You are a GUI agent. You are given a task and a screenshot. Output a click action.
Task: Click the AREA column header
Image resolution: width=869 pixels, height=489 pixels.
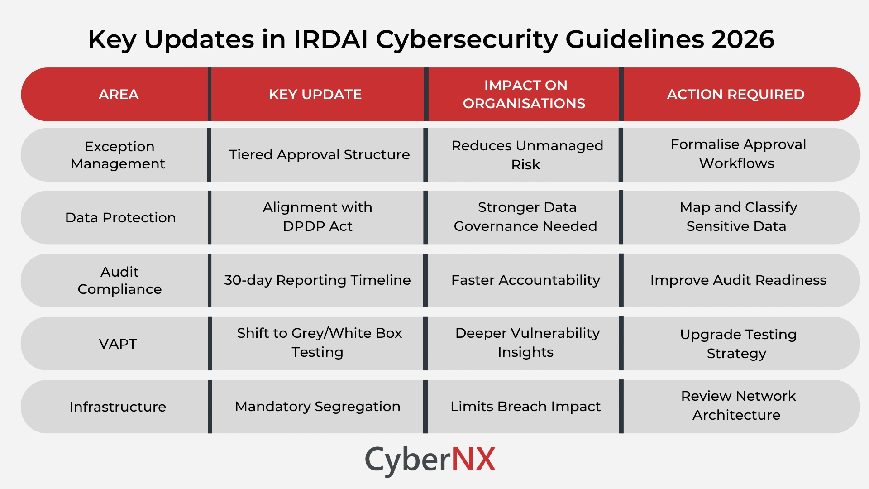[x=119, y=94]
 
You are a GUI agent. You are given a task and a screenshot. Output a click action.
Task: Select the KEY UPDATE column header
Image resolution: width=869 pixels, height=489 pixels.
[x=315, y=94]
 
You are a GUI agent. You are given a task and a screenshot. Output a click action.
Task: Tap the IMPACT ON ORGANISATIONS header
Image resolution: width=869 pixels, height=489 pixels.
[x=524, y=94]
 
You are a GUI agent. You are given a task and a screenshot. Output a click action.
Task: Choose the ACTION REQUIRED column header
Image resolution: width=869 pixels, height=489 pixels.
[x=735, y=94]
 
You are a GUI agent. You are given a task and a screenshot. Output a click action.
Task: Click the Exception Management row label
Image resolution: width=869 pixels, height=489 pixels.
[x=118, y=155]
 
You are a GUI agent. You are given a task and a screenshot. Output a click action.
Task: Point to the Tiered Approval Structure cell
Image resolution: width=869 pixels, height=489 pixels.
[x=319, y=155]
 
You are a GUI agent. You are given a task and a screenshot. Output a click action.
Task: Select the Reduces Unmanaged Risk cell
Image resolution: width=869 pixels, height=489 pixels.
[x=526, y=155]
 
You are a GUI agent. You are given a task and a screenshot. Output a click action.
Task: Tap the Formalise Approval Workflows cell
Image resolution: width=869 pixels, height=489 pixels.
[x=737, y=154]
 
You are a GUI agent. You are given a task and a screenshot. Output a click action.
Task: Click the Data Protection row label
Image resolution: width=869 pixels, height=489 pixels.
[x=120, y=218]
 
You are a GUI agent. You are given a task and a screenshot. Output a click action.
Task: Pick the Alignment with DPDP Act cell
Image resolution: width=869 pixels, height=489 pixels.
[x=317, y=217]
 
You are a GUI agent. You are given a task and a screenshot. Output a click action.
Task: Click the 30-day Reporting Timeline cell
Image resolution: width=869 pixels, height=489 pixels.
[x=317, y=280]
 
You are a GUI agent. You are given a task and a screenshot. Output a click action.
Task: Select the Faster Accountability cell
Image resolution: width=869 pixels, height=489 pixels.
[x=525, y=280]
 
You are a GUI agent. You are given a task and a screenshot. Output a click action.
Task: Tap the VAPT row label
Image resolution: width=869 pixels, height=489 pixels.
[x=118, y=344]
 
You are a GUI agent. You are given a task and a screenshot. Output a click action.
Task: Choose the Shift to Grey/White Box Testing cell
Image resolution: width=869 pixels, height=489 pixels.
[x=319, y=343]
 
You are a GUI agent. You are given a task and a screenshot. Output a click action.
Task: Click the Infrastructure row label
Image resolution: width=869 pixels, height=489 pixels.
[x=118, y=407]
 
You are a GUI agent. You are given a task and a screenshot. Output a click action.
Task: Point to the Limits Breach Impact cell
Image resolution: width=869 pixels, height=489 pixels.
[x=525, y=407]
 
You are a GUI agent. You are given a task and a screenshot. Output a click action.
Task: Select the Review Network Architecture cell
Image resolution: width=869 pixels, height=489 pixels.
[x=737, y=406]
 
